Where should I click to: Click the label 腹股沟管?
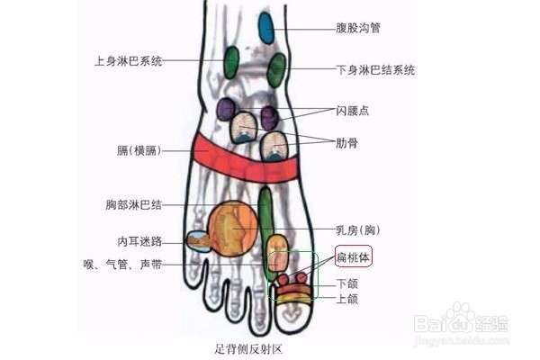point(357,29)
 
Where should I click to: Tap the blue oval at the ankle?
point(266,28)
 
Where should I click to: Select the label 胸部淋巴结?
point(133,205)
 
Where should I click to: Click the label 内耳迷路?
point(139,241)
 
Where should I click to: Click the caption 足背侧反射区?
point(246,347)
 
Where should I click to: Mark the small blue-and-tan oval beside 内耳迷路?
point(197,240)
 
